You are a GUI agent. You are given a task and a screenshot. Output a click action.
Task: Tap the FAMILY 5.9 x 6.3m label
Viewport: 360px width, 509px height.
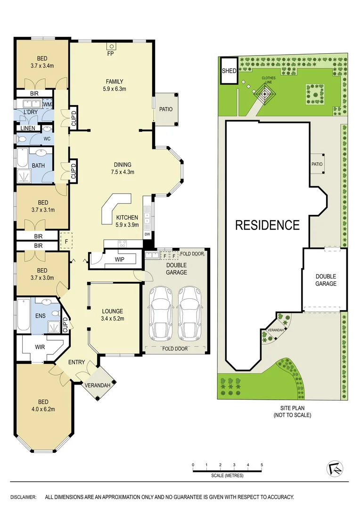[x=115, y=85]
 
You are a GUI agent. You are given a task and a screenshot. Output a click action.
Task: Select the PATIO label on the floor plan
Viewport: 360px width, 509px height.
[x=165, y=109]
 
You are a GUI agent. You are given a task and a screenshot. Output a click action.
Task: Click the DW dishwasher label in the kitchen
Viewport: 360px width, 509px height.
[x=147, y=234]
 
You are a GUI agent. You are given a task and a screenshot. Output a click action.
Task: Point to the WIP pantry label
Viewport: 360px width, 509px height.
[x=119, y=259]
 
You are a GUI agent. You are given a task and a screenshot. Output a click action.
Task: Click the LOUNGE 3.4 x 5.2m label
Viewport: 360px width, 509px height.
[x=112, y=315]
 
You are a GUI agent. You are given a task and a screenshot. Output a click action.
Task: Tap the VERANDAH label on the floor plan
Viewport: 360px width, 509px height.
[x=98, y=386]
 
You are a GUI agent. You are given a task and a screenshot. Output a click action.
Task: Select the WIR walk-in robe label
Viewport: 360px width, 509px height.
[x=40, y=347]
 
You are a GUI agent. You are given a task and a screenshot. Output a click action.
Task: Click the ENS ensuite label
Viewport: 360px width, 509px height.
[x=40, y=315]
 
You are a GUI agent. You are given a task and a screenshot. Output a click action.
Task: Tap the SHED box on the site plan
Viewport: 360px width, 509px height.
[x=229, y=71]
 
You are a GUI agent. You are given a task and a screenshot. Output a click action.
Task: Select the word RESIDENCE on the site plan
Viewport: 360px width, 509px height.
[x=267, y=225]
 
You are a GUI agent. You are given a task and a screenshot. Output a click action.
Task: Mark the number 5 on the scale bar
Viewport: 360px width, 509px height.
[x=262, y=466]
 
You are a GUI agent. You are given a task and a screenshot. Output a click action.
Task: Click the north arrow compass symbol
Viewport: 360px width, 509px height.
[x=335, y=468]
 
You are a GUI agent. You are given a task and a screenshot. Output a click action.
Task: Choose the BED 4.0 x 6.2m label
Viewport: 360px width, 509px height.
[x=43, y=405]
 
